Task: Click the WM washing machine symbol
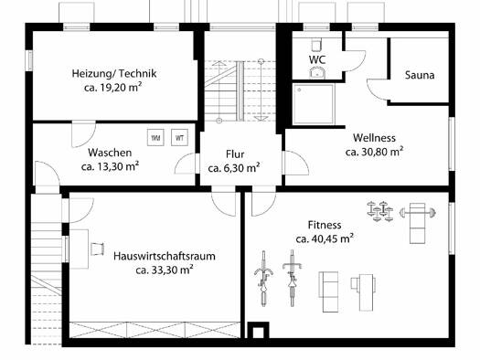pyautogui.click(x=155, y=138)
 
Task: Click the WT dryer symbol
pyautogui.click(x=179, y=138)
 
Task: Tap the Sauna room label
pyautogui.click(x=420, y=75)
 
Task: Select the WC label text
pyautogui.click(x=317, y=59)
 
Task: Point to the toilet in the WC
pyautogui.click(x=316, y=45)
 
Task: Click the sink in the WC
pyautogui.click(x=317, y=73)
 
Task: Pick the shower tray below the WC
pyautogui.click(x=314, y=104)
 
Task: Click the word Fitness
pyautogui.click(x=325, y=225)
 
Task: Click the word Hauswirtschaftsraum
pyautogui.click(x=165, y=256)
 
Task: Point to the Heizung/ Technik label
pyautogui.click(x=114, y=74)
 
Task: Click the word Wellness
pyautogui.click(x=374, y=138)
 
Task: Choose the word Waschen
pyautogui.click(x=110, y=153)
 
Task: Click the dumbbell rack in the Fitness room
pyautogui.click(x=380, y=211)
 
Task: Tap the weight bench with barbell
pyautogui.click(x=418, y=222)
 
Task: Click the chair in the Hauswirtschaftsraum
pyautogui.click(x=97, y=249)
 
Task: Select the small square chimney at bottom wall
pyautogui.click(x=258, y=331)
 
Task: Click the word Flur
pyautogui.click(x=235, y=154)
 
